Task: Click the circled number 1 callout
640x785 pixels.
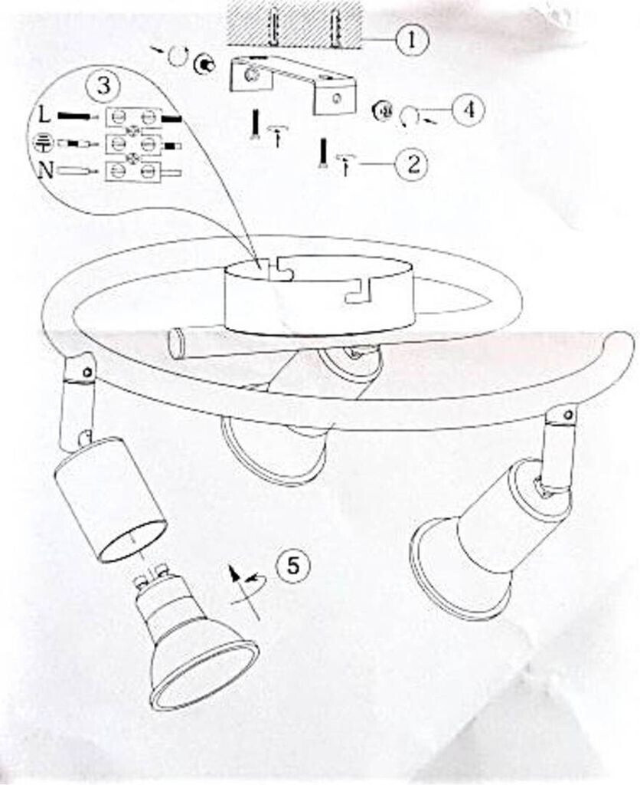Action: [x=412, y=40]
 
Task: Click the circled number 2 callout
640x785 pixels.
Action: [x=412, y=164]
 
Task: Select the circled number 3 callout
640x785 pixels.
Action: [x=103, y=86]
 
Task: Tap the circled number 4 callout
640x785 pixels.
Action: [x=469, y=110]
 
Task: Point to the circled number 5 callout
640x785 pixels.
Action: [x=292, y=567]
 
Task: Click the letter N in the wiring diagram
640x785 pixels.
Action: [x=46, y=171]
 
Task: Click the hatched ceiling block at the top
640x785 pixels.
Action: [x=294, y=23]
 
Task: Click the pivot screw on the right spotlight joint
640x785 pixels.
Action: [x=567, y=414]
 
